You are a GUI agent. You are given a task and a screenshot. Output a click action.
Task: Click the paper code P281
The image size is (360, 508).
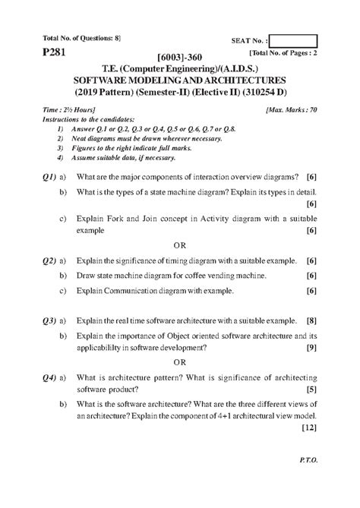point(43,55)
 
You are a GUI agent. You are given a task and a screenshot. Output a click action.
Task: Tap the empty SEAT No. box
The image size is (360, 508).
point(292,40)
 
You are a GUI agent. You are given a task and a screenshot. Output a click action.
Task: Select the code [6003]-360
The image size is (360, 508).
point(179,58)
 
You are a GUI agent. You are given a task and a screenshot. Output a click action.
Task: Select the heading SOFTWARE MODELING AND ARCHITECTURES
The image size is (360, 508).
point(179,80)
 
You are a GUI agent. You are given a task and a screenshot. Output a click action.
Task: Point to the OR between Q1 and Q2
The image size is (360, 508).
point(179,245)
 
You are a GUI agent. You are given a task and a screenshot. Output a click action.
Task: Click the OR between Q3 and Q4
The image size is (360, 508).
point(179,362)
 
